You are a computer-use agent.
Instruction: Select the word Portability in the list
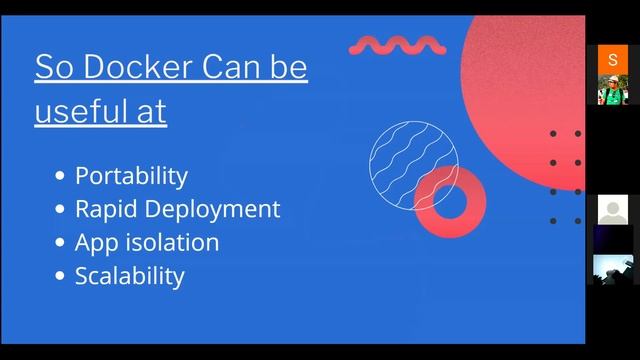point(131,176)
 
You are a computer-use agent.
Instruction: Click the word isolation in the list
point(173,242)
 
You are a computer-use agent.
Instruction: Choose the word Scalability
point(129,275)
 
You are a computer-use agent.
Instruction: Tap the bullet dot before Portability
point(60,177)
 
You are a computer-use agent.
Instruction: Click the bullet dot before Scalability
point(60,276)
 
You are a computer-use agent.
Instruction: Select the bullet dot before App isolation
point(60,243)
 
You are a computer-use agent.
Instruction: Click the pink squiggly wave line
point(396,45)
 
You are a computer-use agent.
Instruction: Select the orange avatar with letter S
point(612,59)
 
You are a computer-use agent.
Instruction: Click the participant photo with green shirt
point(612,89)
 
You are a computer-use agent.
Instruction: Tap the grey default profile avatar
point(612,210)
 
